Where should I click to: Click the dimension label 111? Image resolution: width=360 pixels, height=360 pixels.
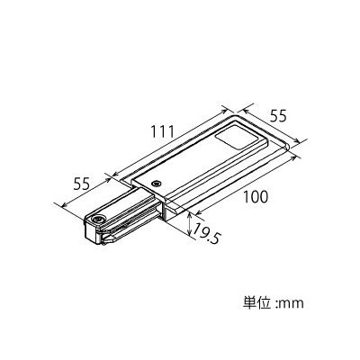162,131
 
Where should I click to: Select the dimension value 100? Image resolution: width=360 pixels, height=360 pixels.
255,197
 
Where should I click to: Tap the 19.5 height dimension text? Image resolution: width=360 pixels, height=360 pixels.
206,234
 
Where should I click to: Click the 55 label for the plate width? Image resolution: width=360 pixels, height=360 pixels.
278,116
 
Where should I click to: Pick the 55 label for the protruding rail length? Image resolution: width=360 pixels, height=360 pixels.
82,184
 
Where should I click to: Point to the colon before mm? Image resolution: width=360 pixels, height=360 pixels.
276,304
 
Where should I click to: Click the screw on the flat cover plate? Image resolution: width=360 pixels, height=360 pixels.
156,183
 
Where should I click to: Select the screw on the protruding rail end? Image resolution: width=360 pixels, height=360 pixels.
98,219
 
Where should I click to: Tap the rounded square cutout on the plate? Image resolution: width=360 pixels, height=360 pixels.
237,139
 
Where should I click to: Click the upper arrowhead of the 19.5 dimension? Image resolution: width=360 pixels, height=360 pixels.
190,214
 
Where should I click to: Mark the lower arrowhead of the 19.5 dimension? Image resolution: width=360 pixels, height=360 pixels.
190,232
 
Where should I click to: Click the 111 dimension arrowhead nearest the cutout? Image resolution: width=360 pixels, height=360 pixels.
224,112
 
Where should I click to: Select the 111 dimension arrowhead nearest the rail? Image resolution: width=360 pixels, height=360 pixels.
115,174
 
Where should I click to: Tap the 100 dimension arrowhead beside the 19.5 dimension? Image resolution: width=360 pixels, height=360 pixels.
197,213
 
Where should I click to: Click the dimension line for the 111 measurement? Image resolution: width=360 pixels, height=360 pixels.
170,142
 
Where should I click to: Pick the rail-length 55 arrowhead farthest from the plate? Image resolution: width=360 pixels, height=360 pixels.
65,205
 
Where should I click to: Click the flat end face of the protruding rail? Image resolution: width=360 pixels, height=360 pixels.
90,232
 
